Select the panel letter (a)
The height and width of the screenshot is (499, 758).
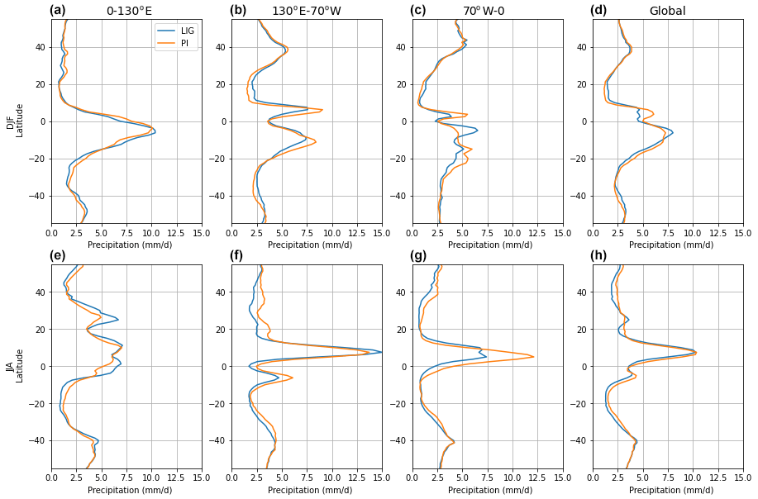57,11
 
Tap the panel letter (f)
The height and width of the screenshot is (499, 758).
237,255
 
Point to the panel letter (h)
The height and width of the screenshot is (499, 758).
598,255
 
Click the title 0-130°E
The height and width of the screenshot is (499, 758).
129,11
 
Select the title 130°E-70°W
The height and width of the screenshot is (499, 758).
307,11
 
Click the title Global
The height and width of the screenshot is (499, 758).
667,11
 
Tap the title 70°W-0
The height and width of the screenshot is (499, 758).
487,11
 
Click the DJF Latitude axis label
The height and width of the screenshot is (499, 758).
16,121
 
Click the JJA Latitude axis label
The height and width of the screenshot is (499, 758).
16,365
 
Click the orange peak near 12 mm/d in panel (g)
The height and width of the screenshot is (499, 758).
533,357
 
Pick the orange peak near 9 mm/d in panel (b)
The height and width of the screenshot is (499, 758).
322,110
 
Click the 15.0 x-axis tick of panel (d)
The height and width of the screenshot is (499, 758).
743,233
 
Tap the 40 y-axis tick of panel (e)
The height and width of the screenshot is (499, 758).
43,292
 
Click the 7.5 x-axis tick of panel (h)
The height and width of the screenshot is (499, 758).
668,478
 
